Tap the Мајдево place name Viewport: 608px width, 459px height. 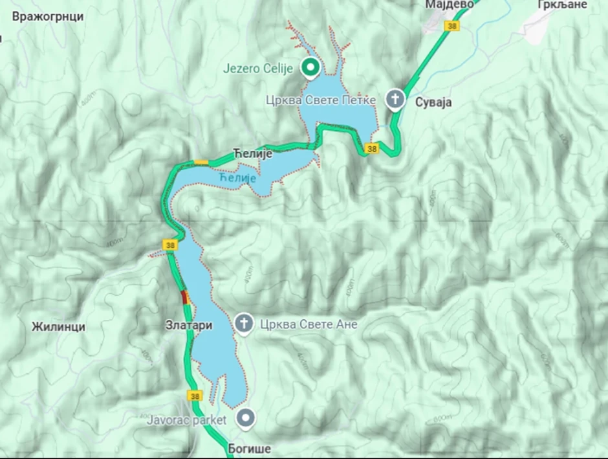tap(450, 5)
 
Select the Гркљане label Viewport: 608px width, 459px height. tap(560, 5)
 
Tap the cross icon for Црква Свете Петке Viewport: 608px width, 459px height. tap(394, 100)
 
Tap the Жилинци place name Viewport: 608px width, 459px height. tap(58, 327)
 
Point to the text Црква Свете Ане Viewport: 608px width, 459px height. tap(308, 324)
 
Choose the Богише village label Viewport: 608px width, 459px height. tap(248, 448)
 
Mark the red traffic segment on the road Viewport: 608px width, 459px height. tap(184, 298)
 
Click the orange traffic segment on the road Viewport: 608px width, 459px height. tap(201, 162)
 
